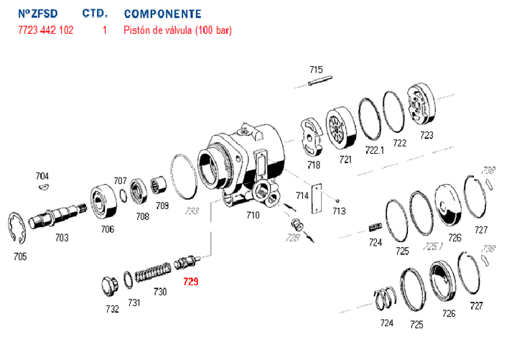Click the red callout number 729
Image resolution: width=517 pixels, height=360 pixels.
click(190, 282)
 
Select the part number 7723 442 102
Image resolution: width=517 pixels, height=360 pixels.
click(45, 31)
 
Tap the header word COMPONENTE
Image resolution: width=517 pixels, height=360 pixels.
click(162, 14)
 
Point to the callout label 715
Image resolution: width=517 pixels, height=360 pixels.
click(316, 70)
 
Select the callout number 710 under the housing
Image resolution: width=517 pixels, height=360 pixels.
click(253, 214)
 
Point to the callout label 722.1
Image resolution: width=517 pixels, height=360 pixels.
click(375, 149)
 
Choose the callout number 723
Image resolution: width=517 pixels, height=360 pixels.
click(427, 134)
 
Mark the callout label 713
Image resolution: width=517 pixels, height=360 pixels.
click(339, 211)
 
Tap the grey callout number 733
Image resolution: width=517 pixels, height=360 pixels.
click(192, 211)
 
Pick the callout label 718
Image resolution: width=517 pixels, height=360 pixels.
click(313, 165)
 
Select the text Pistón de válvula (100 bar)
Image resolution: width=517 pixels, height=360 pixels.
click(177, 31)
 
